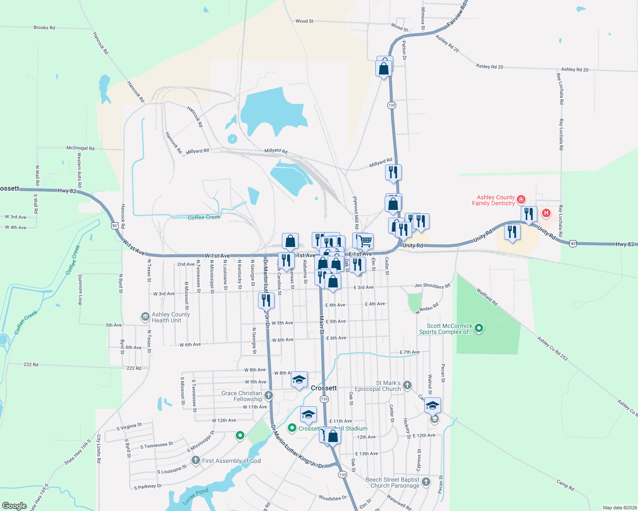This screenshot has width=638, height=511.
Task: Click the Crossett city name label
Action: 324,388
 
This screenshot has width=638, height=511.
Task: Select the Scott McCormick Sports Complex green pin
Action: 479,328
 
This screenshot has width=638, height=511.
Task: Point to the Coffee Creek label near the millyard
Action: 204,217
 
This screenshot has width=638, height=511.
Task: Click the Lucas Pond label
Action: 195,496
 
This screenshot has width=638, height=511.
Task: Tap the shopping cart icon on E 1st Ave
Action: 365,241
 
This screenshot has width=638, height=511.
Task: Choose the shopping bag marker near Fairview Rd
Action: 384,68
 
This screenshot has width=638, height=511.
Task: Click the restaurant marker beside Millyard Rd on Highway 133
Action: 393,172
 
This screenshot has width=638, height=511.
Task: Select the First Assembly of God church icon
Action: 195,460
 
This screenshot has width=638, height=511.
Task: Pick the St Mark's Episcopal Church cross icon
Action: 407,385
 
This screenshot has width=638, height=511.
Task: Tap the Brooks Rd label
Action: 44,28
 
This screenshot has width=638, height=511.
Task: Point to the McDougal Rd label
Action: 80,148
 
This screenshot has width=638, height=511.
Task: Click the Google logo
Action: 14,505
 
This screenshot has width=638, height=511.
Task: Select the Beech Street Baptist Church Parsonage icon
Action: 426,482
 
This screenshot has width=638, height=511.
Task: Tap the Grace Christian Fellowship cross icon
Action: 268,396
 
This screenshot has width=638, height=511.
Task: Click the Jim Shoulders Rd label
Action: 432,286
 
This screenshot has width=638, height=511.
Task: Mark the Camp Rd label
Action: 565,485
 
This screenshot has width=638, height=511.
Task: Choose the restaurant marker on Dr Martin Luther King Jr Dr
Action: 266,300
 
